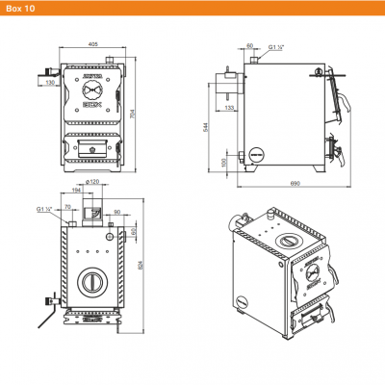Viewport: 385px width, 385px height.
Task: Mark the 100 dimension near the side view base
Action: [x=225, y=162]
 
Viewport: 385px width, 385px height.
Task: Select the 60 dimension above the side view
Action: [x=250, y=46]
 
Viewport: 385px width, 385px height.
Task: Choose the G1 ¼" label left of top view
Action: [x=43, y=208]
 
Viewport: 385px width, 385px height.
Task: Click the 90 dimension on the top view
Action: [x=116, y=211]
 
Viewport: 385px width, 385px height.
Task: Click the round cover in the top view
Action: [x=91, y=282]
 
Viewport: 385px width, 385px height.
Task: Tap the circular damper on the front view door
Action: [x=91, y=96]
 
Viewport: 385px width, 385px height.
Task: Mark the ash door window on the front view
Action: [x=91, y=149]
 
